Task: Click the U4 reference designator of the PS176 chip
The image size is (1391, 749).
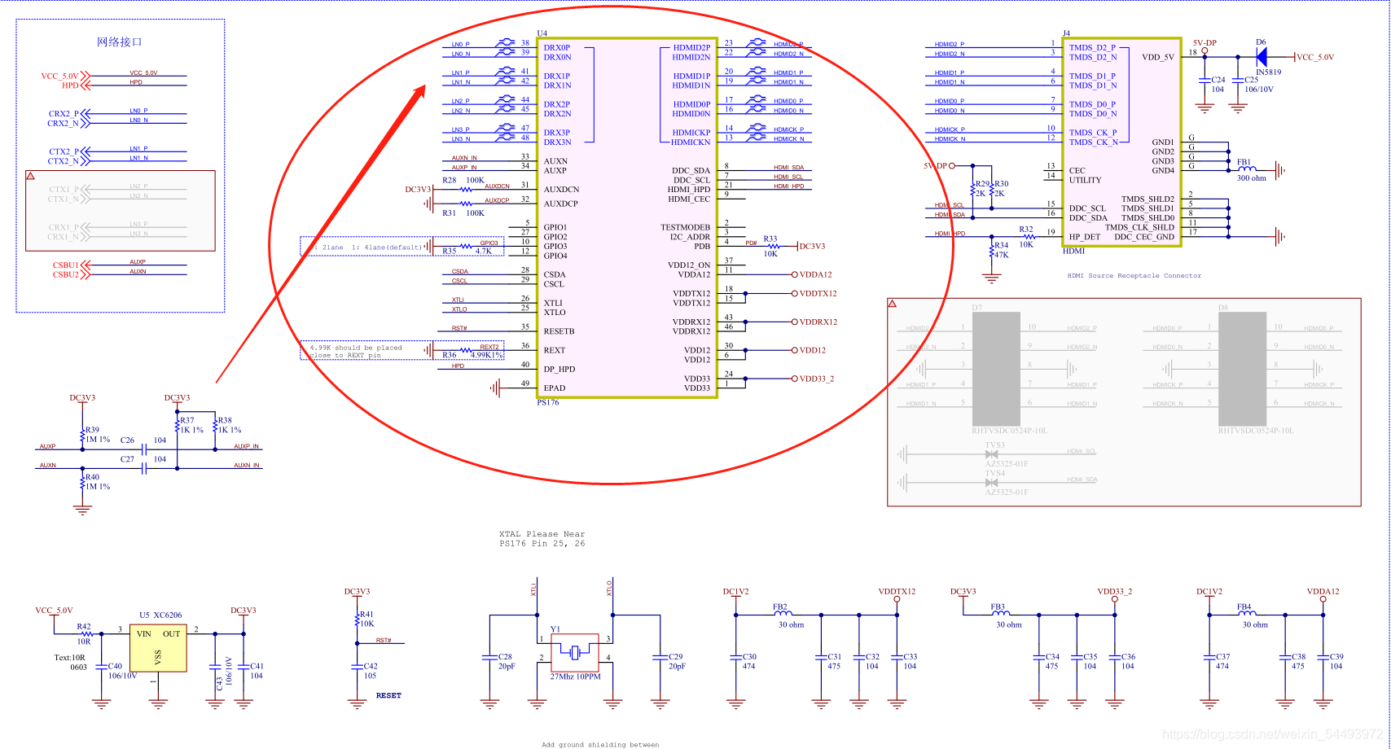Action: (x=542, y=33)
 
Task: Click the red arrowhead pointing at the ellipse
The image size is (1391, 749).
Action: (x=418, y=94)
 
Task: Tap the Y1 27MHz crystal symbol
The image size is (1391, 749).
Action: (x=575, y=652)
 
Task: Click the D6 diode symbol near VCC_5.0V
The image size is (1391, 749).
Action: (x=1261, y=57)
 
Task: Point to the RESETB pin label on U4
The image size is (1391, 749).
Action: (x=559, y=331)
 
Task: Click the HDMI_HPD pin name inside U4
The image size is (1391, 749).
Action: (x=689, y=190)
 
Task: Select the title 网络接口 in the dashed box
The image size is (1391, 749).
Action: (x=120, y=42)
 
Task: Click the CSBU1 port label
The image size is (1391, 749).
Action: (x=66, y=265)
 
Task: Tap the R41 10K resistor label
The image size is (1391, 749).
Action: (x=366, y=619)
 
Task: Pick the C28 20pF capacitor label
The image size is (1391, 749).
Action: (x=505, y=661)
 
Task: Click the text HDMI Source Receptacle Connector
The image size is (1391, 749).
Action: (x=1134, y=276)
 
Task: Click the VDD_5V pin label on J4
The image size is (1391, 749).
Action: (x=1157, y=57)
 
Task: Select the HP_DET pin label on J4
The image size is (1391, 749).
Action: (x=1084, y=237)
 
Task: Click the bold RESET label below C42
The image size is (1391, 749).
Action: (x=388, y=695)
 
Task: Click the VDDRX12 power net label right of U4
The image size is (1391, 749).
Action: (x=818, y=322)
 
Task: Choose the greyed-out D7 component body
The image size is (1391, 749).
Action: (x=996, y=368)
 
